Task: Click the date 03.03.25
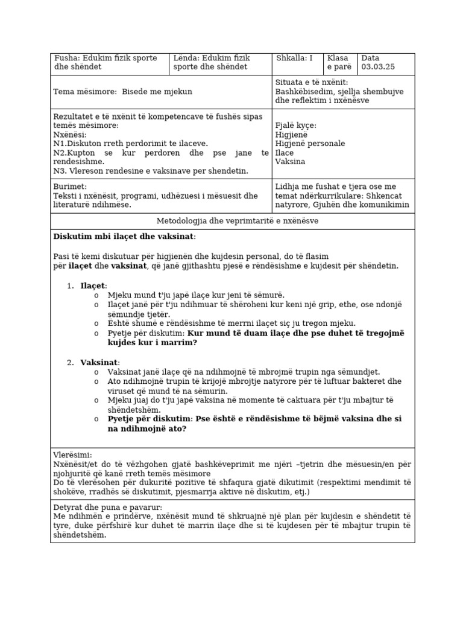378,67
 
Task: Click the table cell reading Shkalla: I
294,59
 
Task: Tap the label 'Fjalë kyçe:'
295,126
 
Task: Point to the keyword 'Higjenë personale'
310,144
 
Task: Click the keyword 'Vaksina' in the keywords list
290,162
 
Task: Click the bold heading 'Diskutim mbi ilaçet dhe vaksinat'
124,237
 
